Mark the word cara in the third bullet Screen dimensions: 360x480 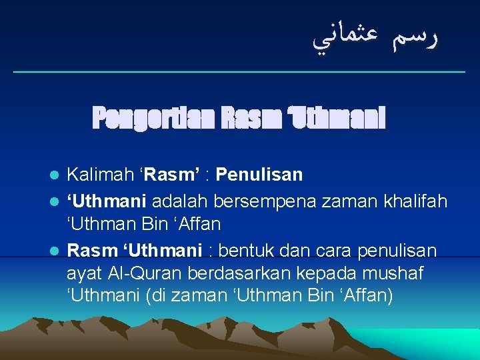[333, 251]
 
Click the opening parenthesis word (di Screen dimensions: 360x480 [155, 295]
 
